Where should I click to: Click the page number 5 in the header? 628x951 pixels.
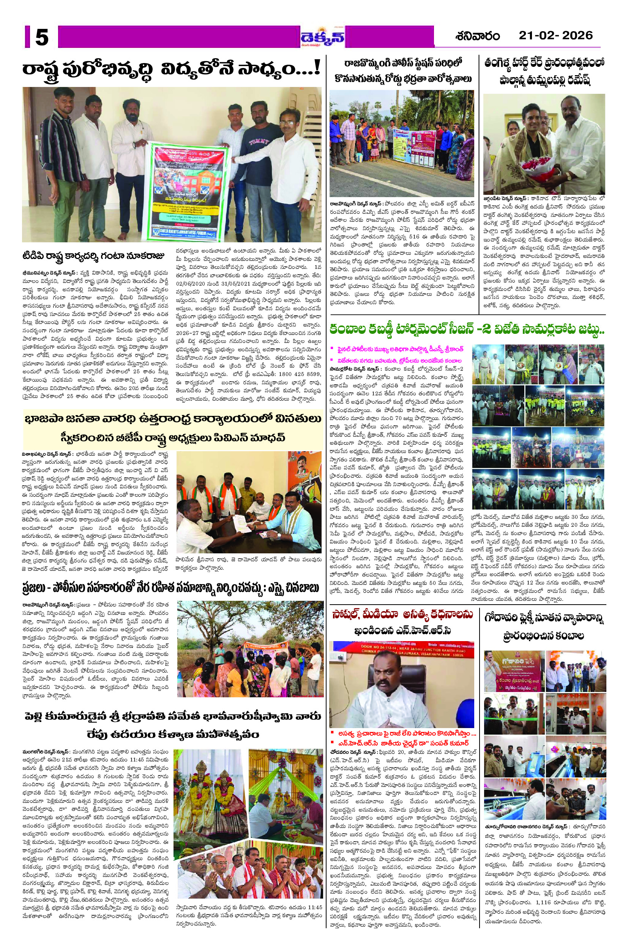42,38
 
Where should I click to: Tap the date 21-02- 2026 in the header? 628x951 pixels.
555,36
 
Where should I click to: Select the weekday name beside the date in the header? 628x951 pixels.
478,36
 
